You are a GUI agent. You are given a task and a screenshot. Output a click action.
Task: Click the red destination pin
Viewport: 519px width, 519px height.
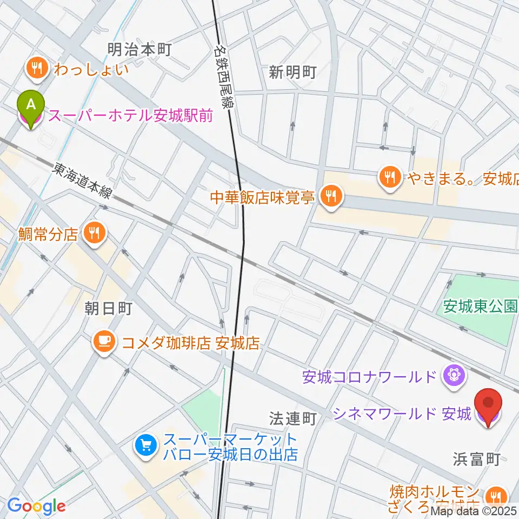click(x=488, y=405)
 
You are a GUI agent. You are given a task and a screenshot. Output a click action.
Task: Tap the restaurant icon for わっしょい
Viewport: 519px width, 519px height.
click(x=37, y=69)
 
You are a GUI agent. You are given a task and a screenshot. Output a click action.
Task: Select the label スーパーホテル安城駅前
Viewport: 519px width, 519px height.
click(x=130, y=115)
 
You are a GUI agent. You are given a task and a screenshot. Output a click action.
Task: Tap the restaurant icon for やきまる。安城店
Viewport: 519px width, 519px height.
click(x=389, y=176)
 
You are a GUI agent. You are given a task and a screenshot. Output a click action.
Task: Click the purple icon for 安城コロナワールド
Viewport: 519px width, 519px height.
click(x=451, y=375)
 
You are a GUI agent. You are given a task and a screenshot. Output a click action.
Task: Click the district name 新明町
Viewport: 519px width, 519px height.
click(x=291, y=72)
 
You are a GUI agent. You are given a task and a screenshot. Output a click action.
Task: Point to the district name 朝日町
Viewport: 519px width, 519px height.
click(x=108, y=309)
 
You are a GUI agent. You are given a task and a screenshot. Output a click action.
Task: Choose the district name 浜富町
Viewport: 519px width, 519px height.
click(x=476, y=460)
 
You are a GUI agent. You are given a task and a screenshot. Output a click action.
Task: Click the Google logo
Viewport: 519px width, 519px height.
click(x=36, y=506)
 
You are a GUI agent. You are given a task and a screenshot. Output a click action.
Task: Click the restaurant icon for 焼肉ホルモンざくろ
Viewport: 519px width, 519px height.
click(x=495, y=496)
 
